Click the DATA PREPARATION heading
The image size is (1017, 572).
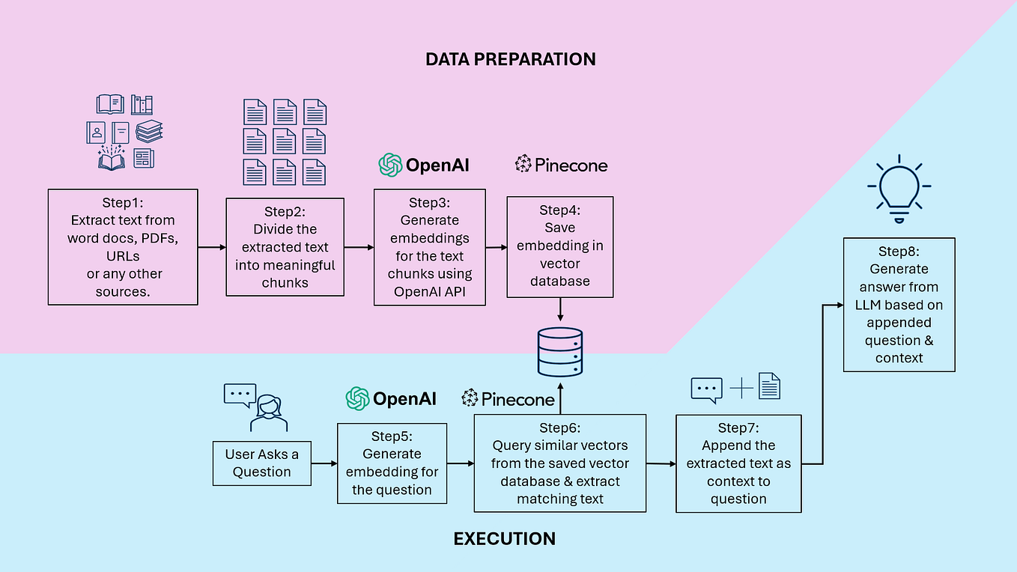(510, 59)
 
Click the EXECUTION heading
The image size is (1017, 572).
(504, 538)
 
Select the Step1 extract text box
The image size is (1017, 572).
(123, 247)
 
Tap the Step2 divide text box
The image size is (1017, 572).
(285, 247)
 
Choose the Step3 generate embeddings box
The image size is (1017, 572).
(429, 247)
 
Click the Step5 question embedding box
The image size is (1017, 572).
(392, 463)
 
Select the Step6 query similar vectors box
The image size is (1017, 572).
(559, 463)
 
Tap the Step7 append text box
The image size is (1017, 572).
(738, 463)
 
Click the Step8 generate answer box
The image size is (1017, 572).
(899, 305)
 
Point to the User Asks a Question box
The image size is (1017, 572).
(261, 463)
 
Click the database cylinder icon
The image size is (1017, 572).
(559, 351)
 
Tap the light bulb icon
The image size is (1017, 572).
(898, 188)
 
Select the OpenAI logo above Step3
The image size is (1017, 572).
(424, 165)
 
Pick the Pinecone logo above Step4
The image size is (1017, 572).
(562, 165)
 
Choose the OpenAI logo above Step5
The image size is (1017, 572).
(391, 399)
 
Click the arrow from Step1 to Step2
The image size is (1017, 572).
(212, 246)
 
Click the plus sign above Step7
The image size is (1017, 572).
(741, 387)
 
